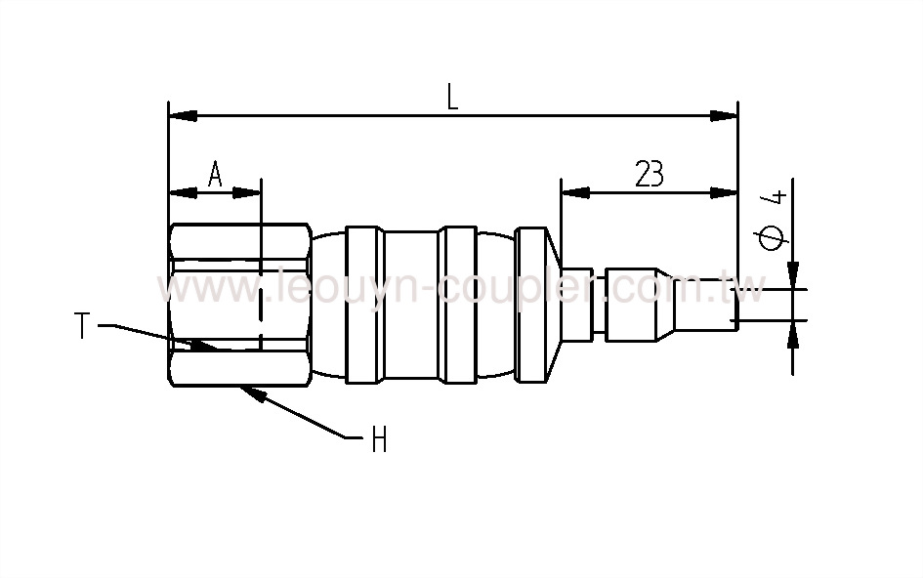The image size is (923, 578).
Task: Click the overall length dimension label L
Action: (x=452, y=97)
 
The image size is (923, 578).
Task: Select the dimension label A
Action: (x=215, y=175)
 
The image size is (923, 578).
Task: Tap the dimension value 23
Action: (x=649, y=174)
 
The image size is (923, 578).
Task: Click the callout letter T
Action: (x=84, y=326)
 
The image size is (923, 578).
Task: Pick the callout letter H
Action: (x=379, y=441)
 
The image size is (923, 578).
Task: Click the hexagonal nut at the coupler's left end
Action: (x=239, y=304)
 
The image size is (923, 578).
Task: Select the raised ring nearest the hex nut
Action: (x=362, y=304)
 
